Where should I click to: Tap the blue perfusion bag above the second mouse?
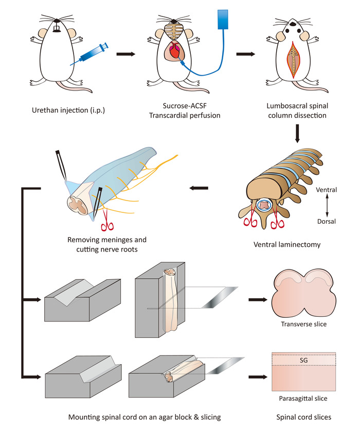[223, 20]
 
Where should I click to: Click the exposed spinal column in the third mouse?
[293, 60]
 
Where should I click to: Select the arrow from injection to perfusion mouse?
[126, 54]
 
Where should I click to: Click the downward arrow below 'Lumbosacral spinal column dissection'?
[297, 134]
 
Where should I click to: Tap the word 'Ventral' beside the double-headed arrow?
[327, 190]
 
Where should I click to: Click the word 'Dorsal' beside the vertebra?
[327, 222]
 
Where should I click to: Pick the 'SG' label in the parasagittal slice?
[303, 361]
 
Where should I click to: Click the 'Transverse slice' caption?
[304, 325]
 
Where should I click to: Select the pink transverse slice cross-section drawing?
[304, 294]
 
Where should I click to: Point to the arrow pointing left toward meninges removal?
[199, 188]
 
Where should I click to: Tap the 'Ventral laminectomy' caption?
[287, 244]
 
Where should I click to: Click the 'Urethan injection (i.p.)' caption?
[68, 110]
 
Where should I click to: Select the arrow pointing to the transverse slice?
[258, 300]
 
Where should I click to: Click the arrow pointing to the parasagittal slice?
[258, 377]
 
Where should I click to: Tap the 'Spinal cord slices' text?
[304, 418]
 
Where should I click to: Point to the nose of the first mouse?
[57, 21]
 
